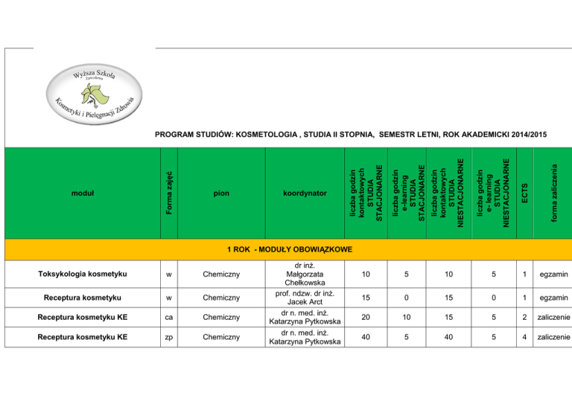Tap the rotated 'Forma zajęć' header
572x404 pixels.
pyautogui.click(x=170, y=193)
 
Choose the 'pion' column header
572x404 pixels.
pyautogui.click(x=220, y=193)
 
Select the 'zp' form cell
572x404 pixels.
pyautogui.click(x=170, y=339)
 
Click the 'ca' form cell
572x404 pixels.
pyautogui.click(x=170, y=318)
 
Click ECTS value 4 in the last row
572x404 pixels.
pyautogui.click(x=525, y=339)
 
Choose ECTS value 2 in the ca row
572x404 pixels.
pyautogui.click(x=525, y=318)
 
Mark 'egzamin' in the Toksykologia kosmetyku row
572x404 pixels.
pyautogui.click(x=553, y=275)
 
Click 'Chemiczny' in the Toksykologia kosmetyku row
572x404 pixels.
pyautogui.click(x=220, y=275)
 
